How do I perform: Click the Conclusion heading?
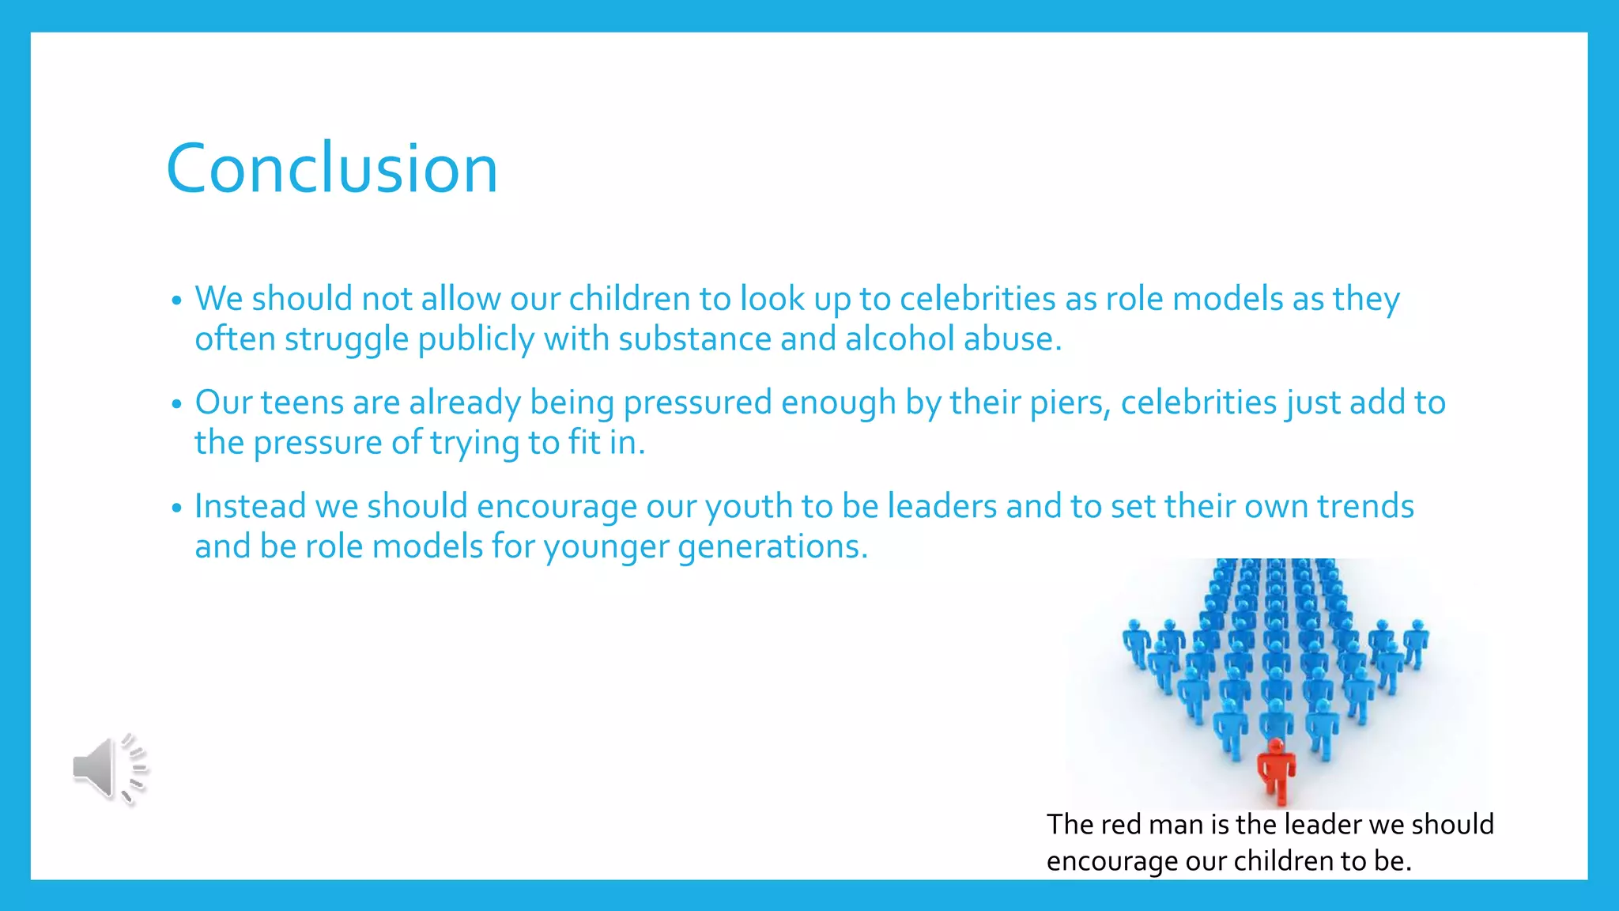[332, 168]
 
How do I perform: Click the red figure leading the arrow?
[1276, 771]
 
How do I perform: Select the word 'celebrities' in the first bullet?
[977, 300]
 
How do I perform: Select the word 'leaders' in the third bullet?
[942, 507]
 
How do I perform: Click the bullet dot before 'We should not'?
[176, 301]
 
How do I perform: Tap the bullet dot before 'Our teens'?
[176, 404]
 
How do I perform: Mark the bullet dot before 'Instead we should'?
[176, 508]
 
